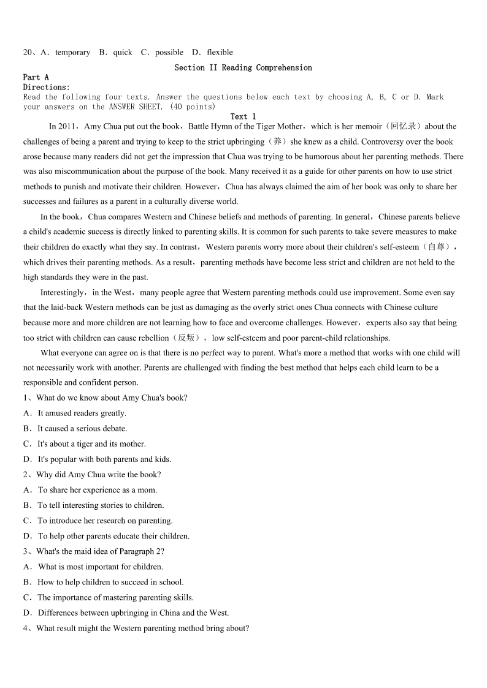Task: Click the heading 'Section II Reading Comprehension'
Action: (x=243, y=67)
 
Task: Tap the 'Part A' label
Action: (x=36, y=77)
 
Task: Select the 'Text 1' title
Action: (x=243, y=116)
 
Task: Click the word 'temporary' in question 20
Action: (x=72, y=53)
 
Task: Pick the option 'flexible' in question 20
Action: (x=220, y=53)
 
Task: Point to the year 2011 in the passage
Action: (x=65, y=127)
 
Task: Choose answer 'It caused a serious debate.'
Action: (x=82, y=429)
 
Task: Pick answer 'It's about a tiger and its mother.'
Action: (x=91, y=444)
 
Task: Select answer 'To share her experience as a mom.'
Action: (x=97, y=490)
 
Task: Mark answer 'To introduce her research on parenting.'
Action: (x=105, y=521)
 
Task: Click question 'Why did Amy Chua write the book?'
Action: (x=98, y=475)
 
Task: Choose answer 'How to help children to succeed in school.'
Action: (x=110, y=582)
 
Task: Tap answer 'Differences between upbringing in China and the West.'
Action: (x=133, y=613)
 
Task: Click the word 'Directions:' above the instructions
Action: (x=47, y=87)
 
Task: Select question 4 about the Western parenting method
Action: (x=142, y=628)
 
